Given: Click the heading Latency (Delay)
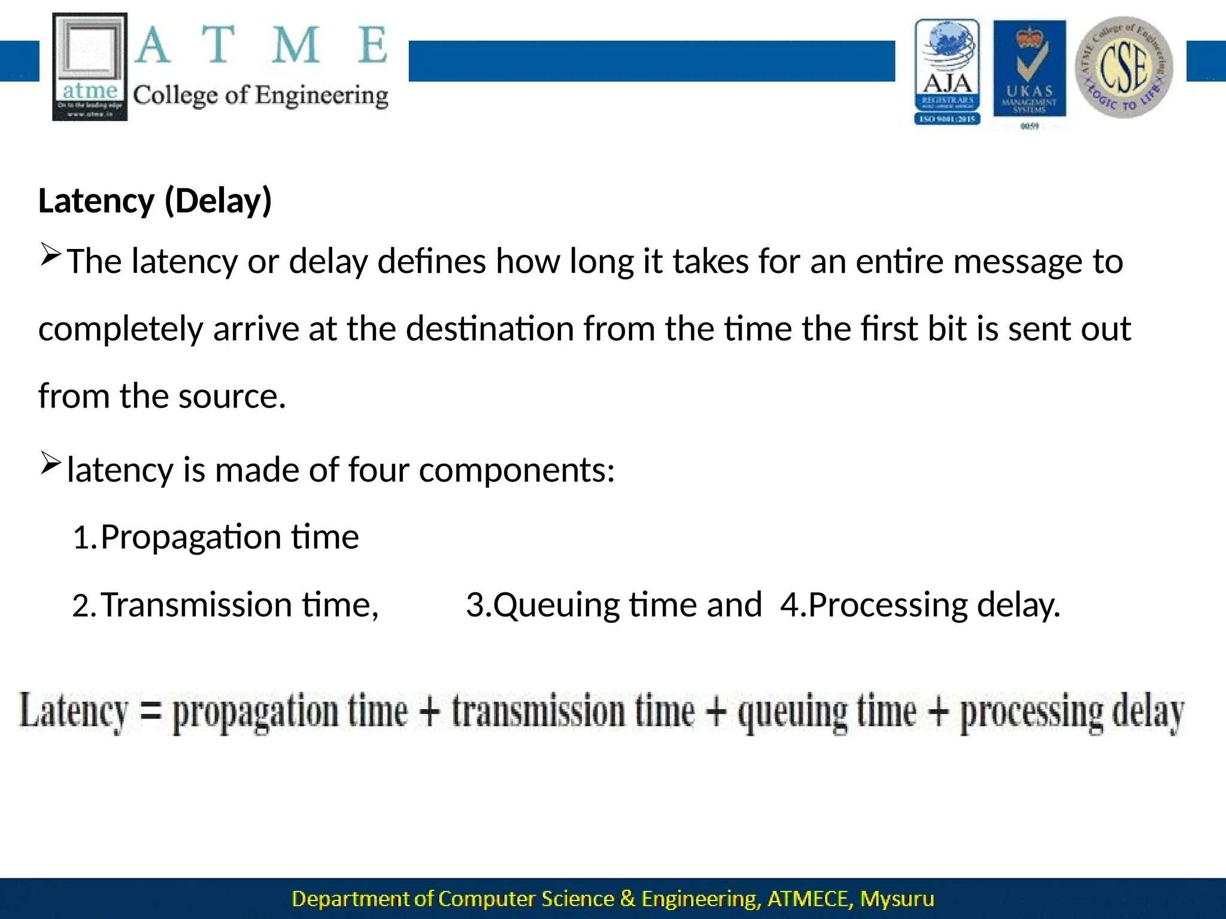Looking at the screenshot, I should coord(155,200).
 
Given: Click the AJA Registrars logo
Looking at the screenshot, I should coord(947,72).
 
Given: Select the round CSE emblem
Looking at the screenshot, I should coord(1124,68).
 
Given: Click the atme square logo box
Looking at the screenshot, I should coord(90,66).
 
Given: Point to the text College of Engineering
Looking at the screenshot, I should coord(260,96).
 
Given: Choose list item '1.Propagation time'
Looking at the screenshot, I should coord(216,537).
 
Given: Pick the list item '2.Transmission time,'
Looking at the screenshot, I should coord(225,605).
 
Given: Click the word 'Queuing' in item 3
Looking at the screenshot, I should coord(556,605).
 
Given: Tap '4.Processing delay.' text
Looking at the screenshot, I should coord(920,605).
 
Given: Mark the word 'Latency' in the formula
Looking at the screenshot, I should coord(74,711).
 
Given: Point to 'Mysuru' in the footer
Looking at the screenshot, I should coord(897,899).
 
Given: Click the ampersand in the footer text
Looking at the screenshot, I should coord(627,899).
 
